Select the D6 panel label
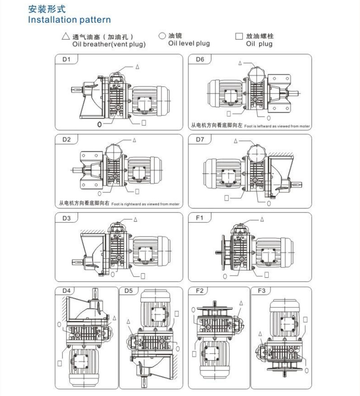pos(200,59)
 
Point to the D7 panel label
pos(200,139)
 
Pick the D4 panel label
pos(67,291)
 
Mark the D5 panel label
pos(129,291)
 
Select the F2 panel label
pos(199,291)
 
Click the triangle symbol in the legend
pos(65,37)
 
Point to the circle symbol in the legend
pos(162,36)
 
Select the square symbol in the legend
pos(239,36)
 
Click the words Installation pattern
pos(69,20)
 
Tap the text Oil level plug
pos(189,43)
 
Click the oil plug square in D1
pos(144,122)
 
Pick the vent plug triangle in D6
pos(240,63)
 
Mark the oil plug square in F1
pos(266,274)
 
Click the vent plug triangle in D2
pos(134,141)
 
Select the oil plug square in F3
pos(305,319)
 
